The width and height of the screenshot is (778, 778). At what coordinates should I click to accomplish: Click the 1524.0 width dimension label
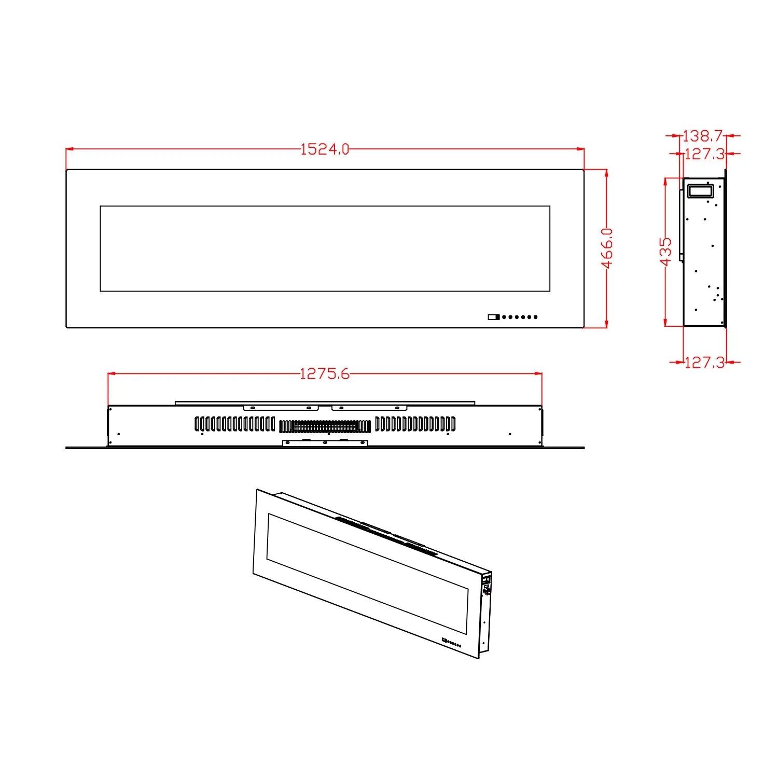click(x=325, y=149)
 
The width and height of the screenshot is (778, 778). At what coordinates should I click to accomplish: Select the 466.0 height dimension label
click(x=607, y=248)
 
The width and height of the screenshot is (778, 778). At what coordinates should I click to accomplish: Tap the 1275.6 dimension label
click(x=325, y=374)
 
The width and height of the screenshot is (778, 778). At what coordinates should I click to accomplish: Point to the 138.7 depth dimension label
click(x=702, y=136)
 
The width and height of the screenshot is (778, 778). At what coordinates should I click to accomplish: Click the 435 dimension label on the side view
click(x=665, y=252)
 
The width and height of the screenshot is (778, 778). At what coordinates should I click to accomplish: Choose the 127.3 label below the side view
click(x=704, y=363)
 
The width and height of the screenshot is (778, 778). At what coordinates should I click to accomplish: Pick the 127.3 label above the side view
click(x=704, y=154)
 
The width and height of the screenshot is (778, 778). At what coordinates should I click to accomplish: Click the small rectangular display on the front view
click(x=493, y=317)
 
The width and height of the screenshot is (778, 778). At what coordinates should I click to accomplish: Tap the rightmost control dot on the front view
click(x=535, y=317)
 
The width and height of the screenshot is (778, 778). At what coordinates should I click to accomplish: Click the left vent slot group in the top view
click(x=235, y=424)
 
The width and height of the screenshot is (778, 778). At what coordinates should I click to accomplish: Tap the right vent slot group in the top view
click(x=415, y=424)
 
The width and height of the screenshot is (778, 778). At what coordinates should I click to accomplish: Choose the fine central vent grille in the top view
click(x=325, y=427)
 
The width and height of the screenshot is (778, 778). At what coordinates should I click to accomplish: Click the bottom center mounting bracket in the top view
click(x=325, y=443)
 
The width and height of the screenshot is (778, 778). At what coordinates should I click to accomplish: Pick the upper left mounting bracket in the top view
click(x=281, y=408)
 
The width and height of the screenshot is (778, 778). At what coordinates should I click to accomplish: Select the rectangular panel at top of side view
click(x=700, y=190)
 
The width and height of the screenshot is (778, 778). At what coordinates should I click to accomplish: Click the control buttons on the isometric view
click(x=451, y=643)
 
